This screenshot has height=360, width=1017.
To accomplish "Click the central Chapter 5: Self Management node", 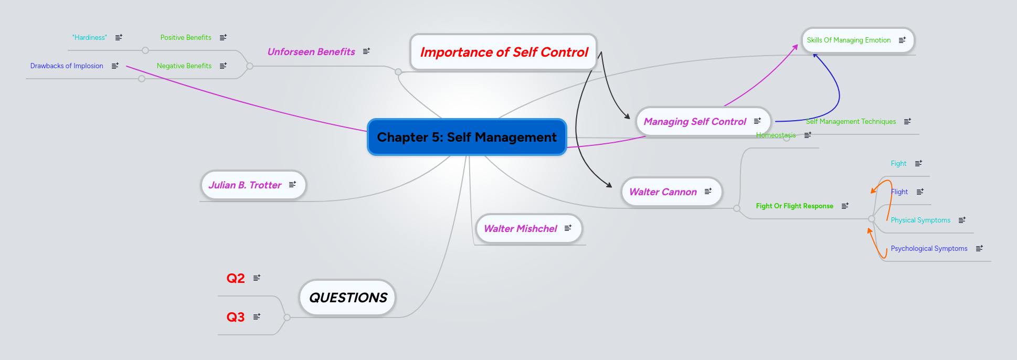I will [x=467, y=137].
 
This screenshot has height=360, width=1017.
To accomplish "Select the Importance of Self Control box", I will [x=504, y=52].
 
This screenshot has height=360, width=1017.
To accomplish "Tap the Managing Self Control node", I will [x=694, y=121].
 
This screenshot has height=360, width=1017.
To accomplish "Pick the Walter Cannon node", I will [x=663, y=192].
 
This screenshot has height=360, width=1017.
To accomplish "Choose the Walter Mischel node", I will [x=520, y=228].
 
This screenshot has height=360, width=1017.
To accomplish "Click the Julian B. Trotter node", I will [x=245, y=185].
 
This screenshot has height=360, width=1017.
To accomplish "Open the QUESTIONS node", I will [x=347, y=298].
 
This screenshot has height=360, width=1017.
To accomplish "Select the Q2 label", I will [x=235, y=278].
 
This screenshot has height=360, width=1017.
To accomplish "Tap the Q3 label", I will [x=235, y=317].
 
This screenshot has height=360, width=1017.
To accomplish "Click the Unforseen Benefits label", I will [x=311, y=51].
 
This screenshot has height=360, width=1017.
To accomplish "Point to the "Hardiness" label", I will [x=89, y=37].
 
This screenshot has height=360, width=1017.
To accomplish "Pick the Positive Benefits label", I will [x=186, y=37].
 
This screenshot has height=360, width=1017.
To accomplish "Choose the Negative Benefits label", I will [x=184, y=66].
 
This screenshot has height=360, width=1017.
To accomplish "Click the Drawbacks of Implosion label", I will [x=67, y=66].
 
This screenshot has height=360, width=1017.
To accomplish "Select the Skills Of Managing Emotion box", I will [x=849, y=40].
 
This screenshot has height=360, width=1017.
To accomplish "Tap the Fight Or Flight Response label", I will [x=794, y=206].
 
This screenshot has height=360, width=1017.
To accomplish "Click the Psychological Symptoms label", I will [x=929, y=248].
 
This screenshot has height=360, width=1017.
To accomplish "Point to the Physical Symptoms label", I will [x=920, y=220].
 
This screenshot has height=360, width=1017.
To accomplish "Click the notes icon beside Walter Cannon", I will [x=708, y=191].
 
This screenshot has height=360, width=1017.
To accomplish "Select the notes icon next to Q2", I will [x=257, y=278].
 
